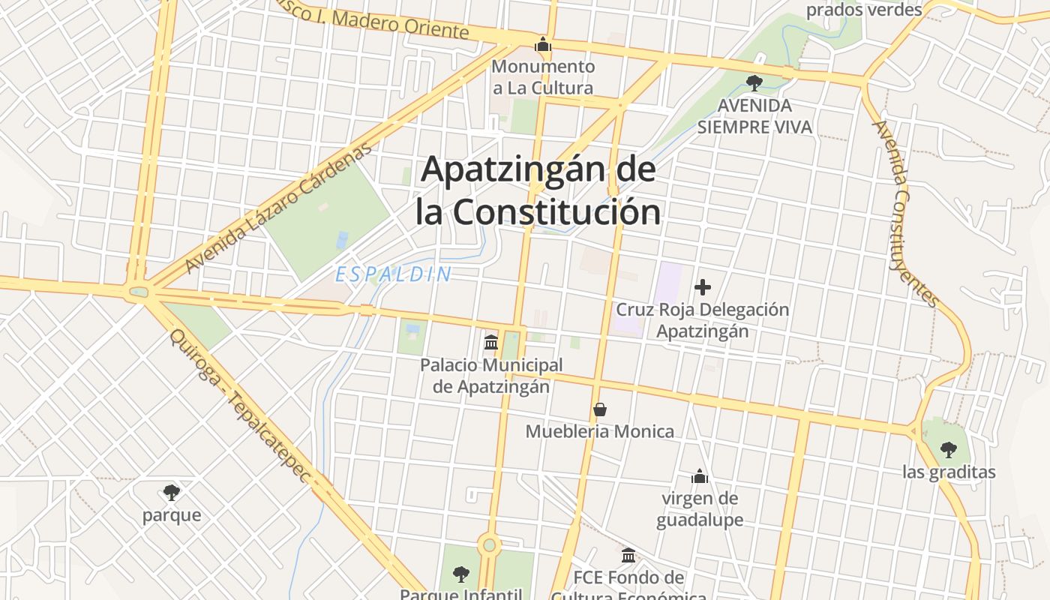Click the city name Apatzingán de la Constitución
(x=538, y=190)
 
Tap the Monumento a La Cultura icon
(x=543, y=45)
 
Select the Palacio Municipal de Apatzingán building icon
(x=491, y=343)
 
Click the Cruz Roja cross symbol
(x=703, y=286)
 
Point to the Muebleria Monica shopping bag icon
(x=599, y=409)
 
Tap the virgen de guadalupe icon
(x=700, y=476)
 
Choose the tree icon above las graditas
(x=949, y=450)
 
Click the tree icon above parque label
(x=172, y=493)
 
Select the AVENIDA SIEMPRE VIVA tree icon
(x=754, y=82)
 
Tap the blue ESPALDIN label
(x=394, y=274)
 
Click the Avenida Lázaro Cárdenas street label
(x=279, y=208)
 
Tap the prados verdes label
(x=864, y=10)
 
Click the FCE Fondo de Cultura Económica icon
(x=628, y=556)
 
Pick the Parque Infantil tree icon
(x=461, y=574)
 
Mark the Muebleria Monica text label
(x=599, y=431)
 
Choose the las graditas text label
(x=949, y=472)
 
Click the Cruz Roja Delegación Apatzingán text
(x=703, y=319)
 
